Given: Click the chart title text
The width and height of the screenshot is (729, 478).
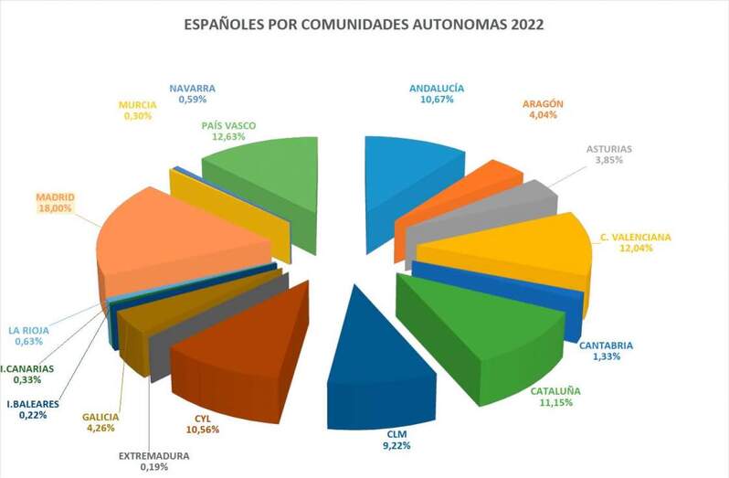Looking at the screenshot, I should point(364,24).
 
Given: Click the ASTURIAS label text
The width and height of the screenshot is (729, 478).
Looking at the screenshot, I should point(607,148).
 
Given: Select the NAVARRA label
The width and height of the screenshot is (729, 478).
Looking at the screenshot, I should point(192,89).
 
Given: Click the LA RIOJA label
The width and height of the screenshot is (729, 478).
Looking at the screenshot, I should point(28,331).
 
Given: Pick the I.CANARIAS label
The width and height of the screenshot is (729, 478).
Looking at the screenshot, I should point(28,368).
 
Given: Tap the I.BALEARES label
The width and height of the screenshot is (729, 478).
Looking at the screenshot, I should point(33,403).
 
